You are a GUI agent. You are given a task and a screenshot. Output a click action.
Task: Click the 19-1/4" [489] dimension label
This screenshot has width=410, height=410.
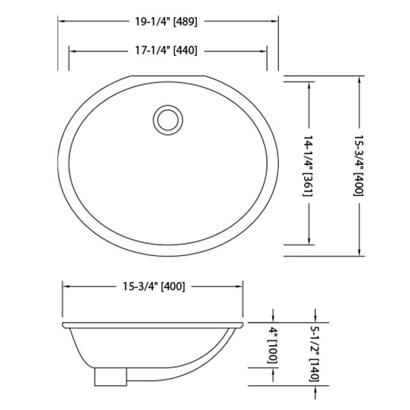coord(168,22)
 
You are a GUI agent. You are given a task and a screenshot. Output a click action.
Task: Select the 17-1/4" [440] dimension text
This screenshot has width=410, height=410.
coord(168,51)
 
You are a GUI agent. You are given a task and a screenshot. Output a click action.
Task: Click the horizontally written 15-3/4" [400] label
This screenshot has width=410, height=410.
coord(153,286)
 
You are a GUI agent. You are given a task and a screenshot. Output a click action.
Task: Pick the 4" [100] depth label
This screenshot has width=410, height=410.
coord(273,345)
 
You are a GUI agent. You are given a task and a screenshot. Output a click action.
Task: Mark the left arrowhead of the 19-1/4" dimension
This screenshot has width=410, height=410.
coord(60,22)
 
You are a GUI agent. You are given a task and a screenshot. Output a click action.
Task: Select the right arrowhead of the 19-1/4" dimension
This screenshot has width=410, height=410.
coord(276,22)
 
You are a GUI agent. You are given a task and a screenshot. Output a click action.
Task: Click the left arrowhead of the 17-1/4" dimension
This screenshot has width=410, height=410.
coord(72,51)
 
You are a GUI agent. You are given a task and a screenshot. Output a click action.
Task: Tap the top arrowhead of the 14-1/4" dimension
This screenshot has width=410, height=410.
coord(309,80)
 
